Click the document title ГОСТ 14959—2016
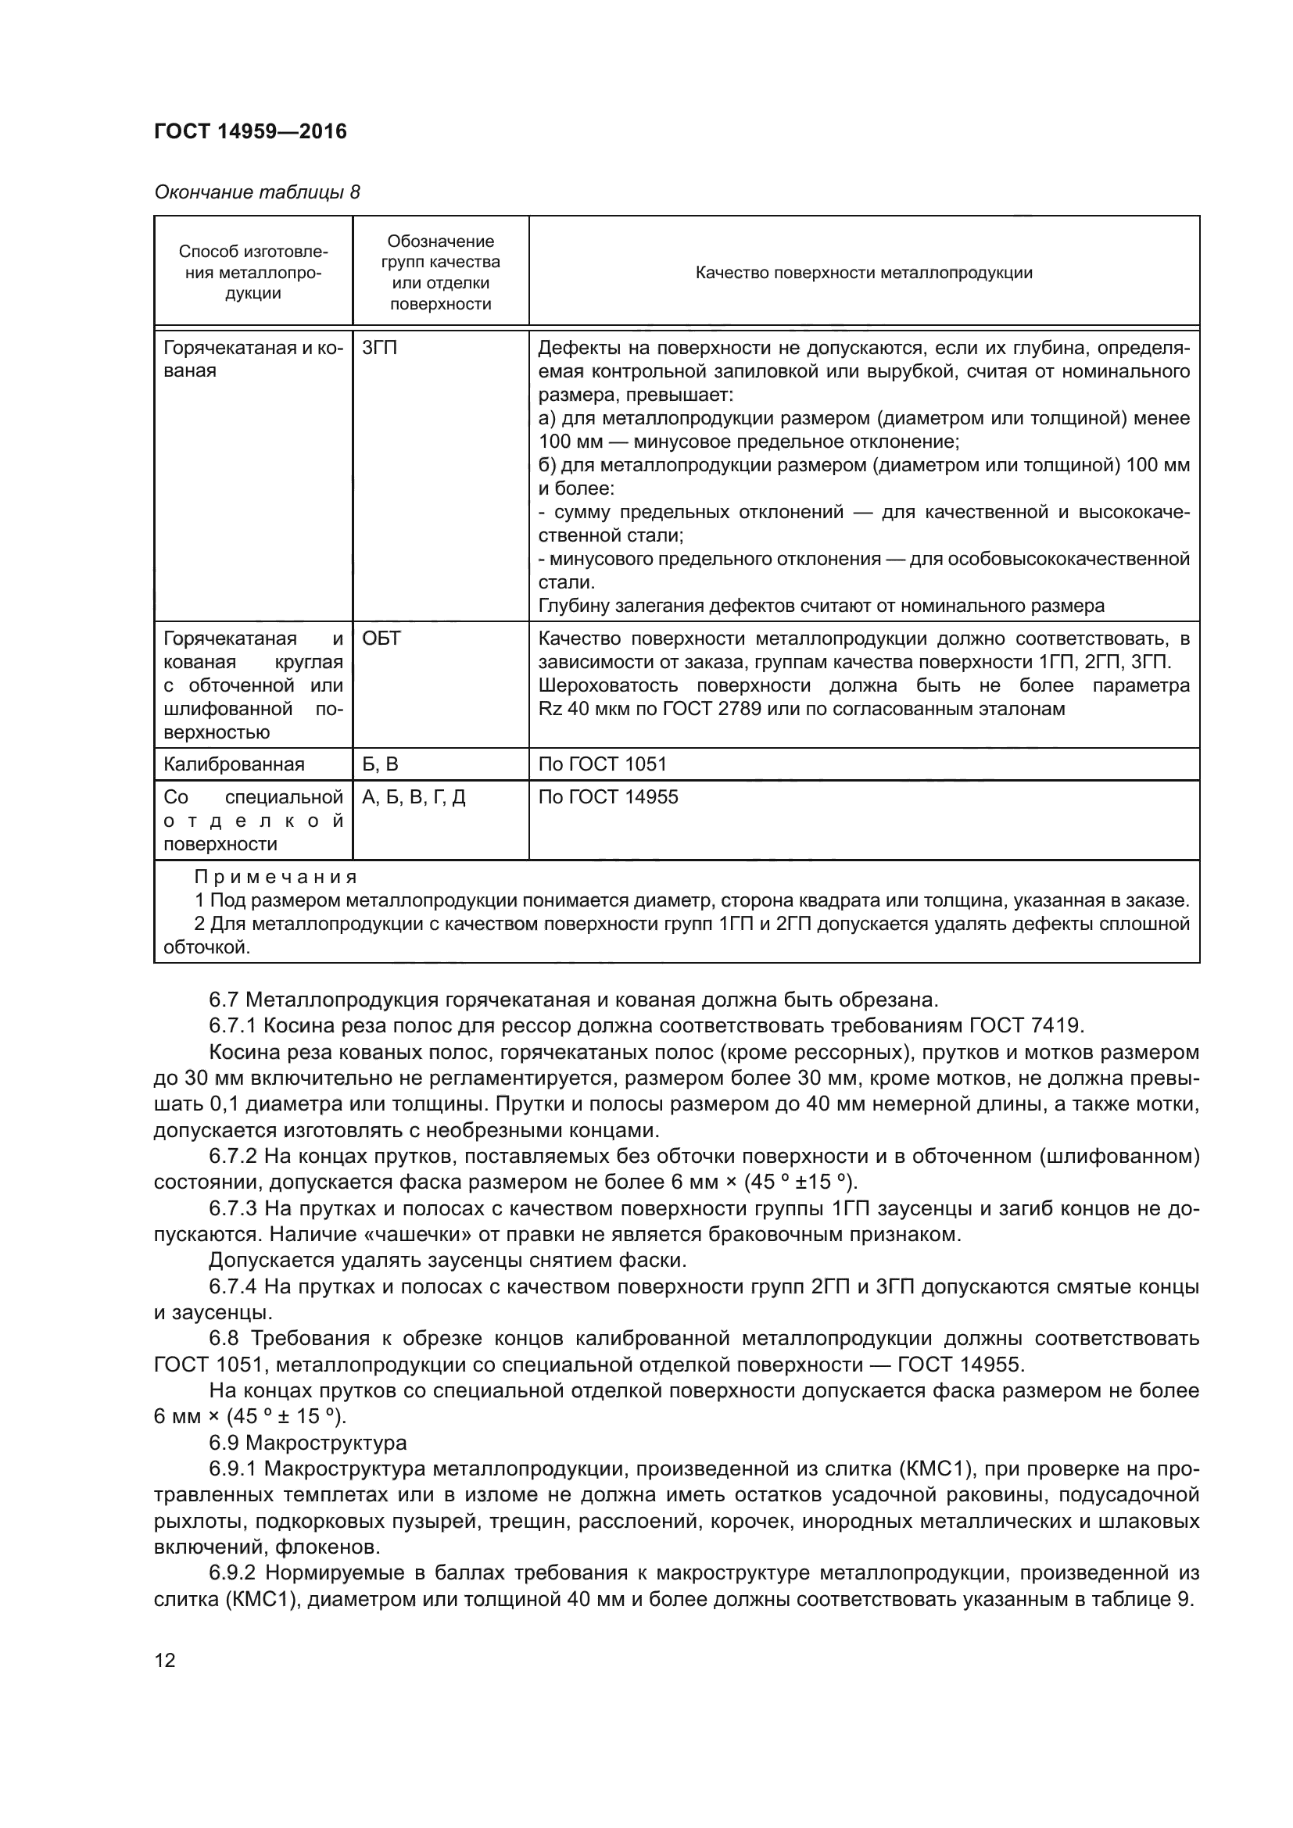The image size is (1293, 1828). coord(250,131)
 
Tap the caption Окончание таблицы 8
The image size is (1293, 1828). coord(256,192)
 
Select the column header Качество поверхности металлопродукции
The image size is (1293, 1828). coord(863,273)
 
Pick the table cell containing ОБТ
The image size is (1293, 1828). coord(381,639)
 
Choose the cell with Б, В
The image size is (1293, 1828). coord(380,764)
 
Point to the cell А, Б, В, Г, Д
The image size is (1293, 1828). coord(414,797)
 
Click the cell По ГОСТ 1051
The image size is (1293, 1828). coord(602,764)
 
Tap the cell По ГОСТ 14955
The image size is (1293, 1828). coord(607,797)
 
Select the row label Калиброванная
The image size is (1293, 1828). coord(234,764)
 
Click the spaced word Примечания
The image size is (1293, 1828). coord(275,878)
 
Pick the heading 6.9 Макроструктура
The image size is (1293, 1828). coord(307,1443)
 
